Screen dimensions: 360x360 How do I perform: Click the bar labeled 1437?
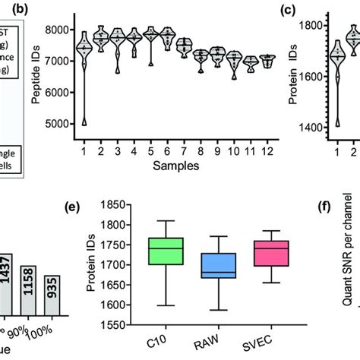(x=6, y=282)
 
